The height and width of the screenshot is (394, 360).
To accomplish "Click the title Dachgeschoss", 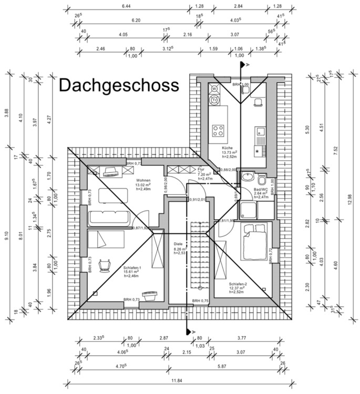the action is (x=119, y=85).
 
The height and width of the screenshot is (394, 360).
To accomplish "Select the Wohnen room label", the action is (x=128, y=180).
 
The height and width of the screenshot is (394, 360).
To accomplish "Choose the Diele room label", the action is (x=179, y=244).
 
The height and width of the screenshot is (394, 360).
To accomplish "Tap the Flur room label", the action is (x=201, y=170).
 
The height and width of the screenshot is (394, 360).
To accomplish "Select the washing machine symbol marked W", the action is (x=214, y=89).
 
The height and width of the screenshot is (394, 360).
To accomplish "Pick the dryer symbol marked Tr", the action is (x=214, y=100).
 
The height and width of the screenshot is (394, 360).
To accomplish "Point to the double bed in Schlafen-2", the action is (x=254, y=241).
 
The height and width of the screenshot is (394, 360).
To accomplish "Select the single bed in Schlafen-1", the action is (x=105, y=239).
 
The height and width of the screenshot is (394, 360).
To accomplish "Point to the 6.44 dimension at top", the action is (x=127, y=6).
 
